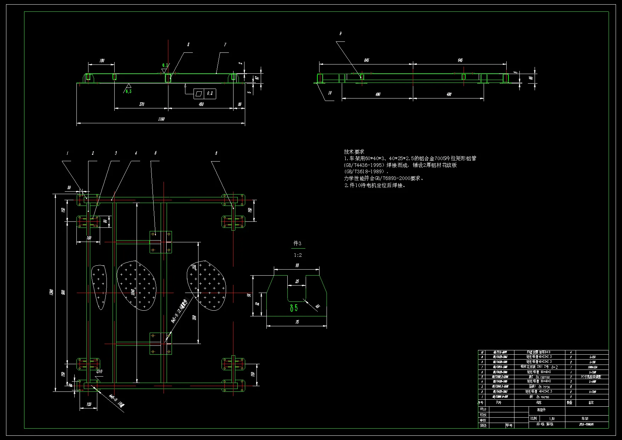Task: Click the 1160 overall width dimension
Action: click(x=161, y=119)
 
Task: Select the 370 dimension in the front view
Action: click(x=142, y=104)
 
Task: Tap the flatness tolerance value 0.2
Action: click(x=210, y=94)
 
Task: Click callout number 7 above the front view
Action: click(x=225, y=45)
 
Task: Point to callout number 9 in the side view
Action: click(x=340, y=34)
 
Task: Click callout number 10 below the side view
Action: click(x=330, y=93)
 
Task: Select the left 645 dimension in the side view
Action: click(x=367, y=60)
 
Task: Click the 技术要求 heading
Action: click(x=354, y=152)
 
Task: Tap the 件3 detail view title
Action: click(x=298, y=243)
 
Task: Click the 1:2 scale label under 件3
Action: click(x=298, y=255)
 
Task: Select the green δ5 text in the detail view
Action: click(x=294, y=308)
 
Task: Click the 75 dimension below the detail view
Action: click(x=297, y=322)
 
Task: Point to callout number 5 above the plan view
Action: click(x=156, y=153)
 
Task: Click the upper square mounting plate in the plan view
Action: click(x=161, y=242)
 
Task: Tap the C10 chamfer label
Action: click(x=99, y=371)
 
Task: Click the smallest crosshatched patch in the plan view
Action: click(x=99, y=286)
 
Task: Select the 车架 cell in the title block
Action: click(x=584, y=418)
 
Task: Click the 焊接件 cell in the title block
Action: click(x=541, y=410)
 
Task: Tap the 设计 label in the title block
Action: click(x=483, y=409)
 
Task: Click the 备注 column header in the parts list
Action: click(x=591, y=402)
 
